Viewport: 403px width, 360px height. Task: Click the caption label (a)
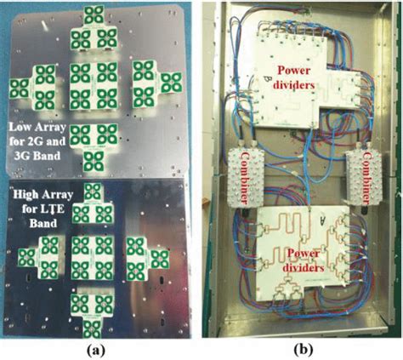pos(95,351)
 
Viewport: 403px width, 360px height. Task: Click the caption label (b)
pos(304,351)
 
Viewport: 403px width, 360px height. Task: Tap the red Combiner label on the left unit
pos(245,177)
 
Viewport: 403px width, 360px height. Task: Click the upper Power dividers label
pos(296,77)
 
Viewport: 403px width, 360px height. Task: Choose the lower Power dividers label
pos(304,260)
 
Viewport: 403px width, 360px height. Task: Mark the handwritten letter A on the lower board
pos(322,219)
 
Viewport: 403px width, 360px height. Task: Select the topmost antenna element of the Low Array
pos(94,14)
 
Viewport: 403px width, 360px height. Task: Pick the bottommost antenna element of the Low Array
pos(93,162)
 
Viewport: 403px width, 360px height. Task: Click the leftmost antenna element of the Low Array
pos(20,89)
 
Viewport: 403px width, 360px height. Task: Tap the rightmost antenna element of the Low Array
pos(171,83)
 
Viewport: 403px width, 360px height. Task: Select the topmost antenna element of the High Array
pos(93,191)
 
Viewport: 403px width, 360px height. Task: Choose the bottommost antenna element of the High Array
pos(92,329)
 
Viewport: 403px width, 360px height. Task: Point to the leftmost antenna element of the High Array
pos(26,258)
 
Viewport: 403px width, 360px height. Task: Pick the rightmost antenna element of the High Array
pos(160,259)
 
